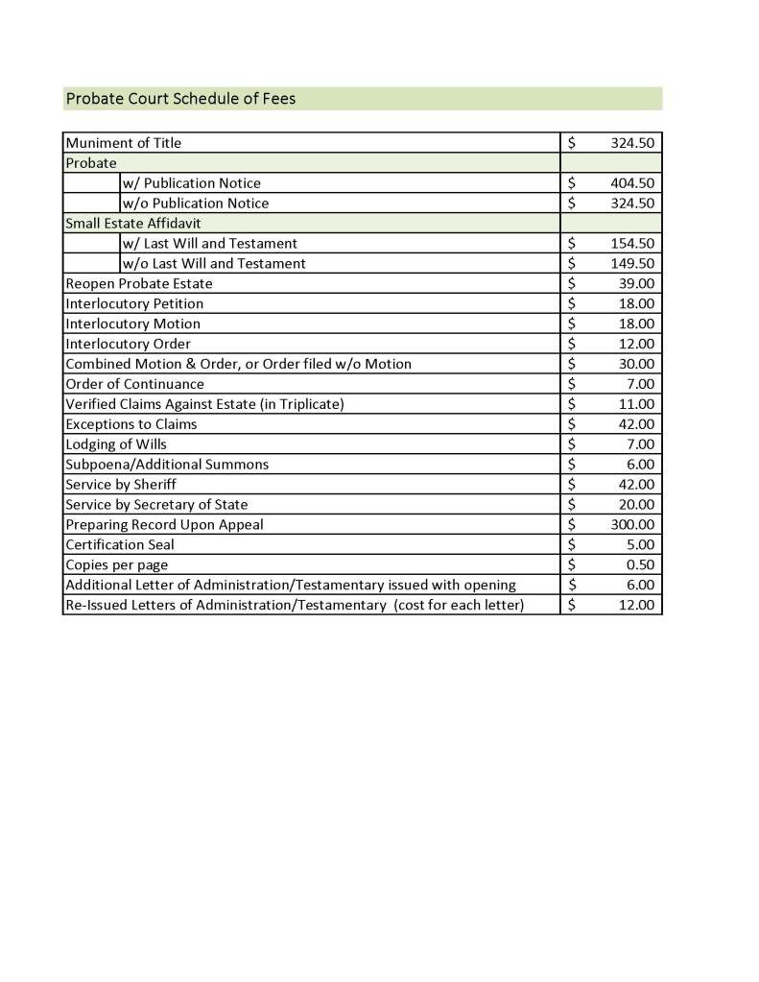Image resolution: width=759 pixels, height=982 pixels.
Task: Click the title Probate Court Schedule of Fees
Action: point(180,99)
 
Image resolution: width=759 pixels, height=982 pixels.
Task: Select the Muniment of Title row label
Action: point(123,143)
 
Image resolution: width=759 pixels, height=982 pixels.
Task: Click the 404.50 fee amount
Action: point(632,183)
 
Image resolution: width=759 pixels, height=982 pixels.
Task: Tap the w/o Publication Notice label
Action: point(196,204)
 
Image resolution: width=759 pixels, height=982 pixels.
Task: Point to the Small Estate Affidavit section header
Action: point(133,224)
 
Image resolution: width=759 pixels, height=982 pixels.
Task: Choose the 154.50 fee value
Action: point(632,244)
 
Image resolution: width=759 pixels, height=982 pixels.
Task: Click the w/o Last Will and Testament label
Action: point(214,264)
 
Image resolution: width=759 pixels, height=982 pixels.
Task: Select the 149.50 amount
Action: point(632,264)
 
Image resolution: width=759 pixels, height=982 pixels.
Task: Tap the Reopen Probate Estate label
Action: point(139,284)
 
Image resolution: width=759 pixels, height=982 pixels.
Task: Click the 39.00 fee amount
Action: point(636,284)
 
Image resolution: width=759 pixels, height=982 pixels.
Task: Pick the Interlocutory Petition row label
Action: point(134,304)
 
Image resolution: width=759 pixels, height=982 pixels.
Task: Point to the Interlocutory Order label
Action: point(128,344)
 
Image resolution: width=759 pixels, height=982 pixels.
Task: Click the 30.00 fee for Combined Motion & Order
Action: point(636,364)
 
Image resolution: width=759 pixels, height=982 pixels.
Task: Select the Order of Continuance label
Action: point(134,384)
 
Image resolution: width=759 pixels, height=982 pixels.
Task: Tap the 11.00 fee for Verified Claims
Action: point(636,404)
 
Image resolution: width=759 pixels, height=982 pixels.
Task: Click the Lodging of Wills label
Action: point(115,444)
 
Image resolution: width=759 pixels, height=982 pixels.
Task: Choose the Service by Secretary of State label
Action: point(156,505)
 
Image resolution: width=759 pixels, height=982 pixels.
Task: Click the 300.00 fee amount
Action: point(632,525)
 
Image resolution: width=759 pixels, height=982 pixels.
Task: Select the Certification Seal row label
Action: point(120,545)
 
